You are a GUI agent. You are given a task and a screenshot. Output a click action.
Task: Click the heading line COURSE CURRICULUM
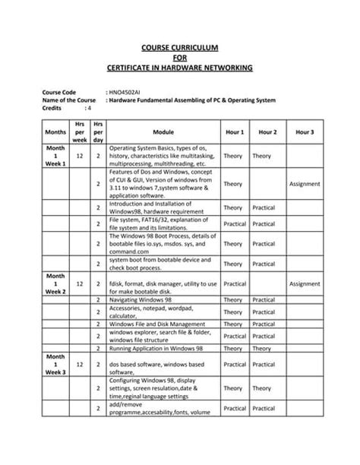coord(179,46)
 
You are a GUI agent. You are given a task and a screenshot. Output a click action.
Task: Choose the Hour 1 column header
coord(234,131)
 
